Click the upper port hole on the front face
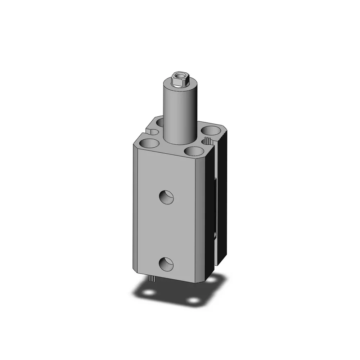click(167, 197)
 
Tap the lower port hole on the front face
click(167, 264)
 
